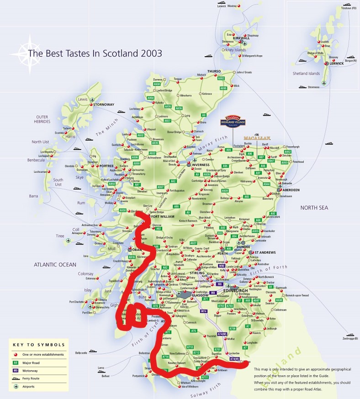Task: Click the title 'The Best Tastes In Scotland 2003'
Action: click(95, 53)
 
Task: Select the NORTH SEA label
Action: click(314, 207)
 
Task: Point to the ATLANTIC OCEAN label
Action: click(55, 264)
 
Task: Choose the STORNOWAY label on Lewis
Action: click(104, 105)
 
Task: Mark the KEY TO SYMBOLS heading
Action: click(39, 345)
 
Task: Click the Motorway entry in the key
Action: click(36, 370)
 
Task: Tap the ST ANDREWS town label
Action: click(266, 252)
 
